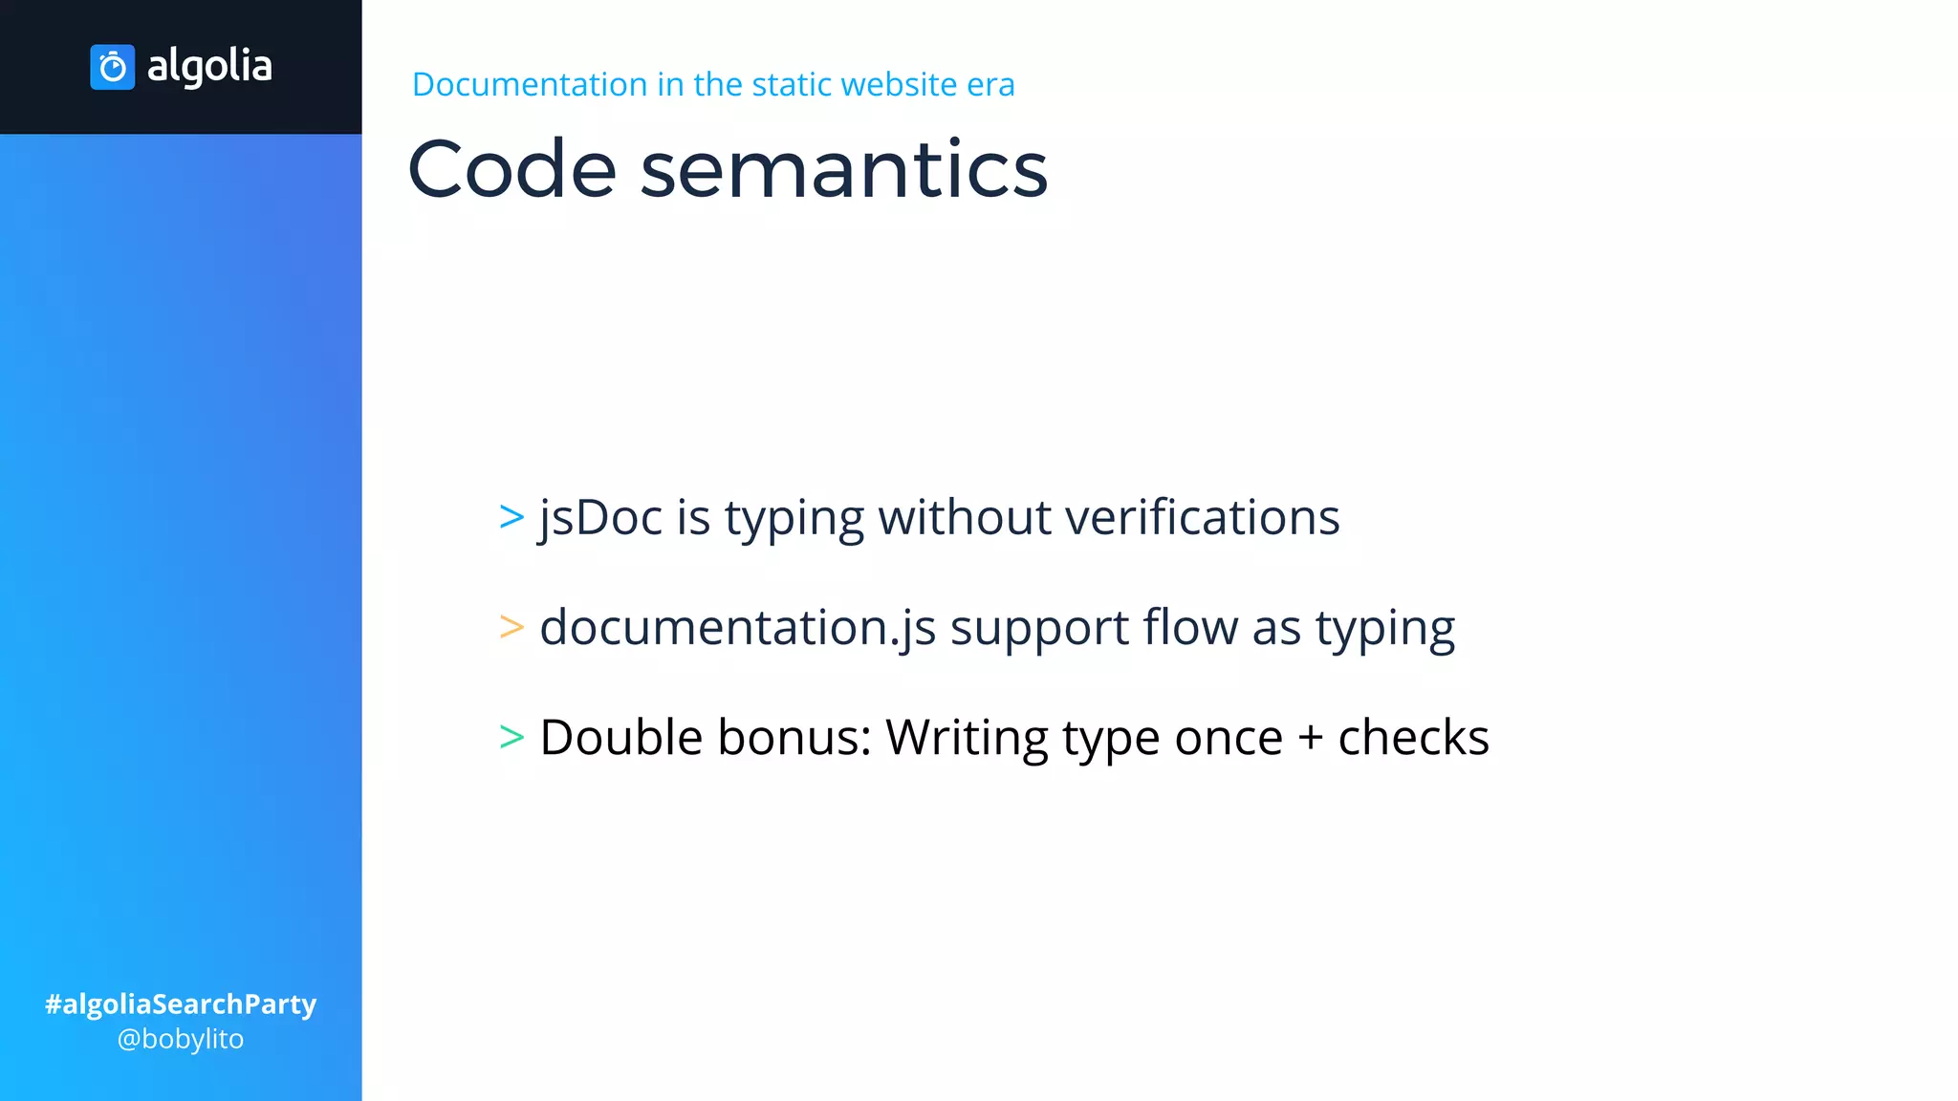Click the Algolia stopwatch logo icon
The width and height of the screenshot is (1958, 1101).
pyautogui.click(x=112, y=67)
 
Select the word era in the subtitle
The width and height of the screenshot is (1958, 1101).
pyautogui.click(x=990, y=85)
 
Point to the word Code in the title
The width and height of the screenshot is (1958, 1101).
pyautogui.click(x=511, y=169)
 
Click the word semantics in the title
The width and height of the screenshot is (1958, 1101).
pyautogui.click(x=843, y=169)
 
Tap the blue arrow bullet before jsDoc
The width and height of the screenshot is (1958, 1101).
pyautogui.click(x=511, y=517)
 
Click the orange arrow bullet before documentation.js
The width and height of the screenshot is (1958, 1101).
pyautogui.click(x=511, y=627)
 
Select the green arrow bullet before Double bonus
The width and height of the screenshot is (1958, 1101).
pyautogui.click(x=511, y=737)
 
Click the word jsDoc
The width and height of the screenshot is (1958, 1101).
pyautogui.click(x=600, y=518)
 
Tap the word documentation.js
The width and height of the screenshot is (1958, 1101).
pyautogui.click(x=737, y=628)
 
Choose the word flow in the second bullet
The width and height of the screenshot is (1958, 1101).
pyautogui.click(x=1190, y=627)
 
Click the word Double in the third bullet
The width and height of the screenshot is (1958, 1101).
pyautogui.click(x=620, y=737)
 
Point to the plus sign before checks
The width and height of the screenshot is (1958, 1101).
pyautogui.click(x=1310, y=739)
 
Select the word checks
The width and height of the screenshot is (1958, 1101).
pyautogui.click(x=1413, y=737)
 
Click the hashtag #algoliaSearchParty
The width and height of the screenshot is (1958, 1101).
pyautogui.click(x=181, y=1004)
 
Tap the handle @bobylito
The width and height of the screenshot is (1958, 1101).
pyautogui.click(x=181, y=1039)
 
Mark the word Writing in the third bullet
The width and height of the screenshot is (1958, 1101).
pyautogui.click(x=967, y=738)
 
